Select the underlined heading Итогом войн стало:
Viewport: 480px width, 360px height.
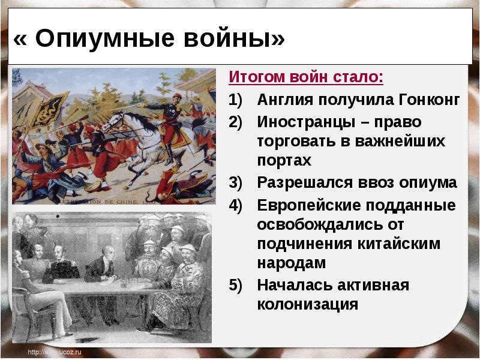tap(306, 77)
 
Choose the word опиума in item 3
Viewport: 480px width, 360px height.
tap(427, 183)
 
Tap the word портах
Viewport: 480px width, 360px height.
tap(284, 161)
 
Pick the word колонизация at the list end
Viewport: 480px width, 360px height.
tap(307, 304)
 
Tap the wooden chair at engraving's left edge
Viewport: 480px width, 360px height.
tap(24, 306)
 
